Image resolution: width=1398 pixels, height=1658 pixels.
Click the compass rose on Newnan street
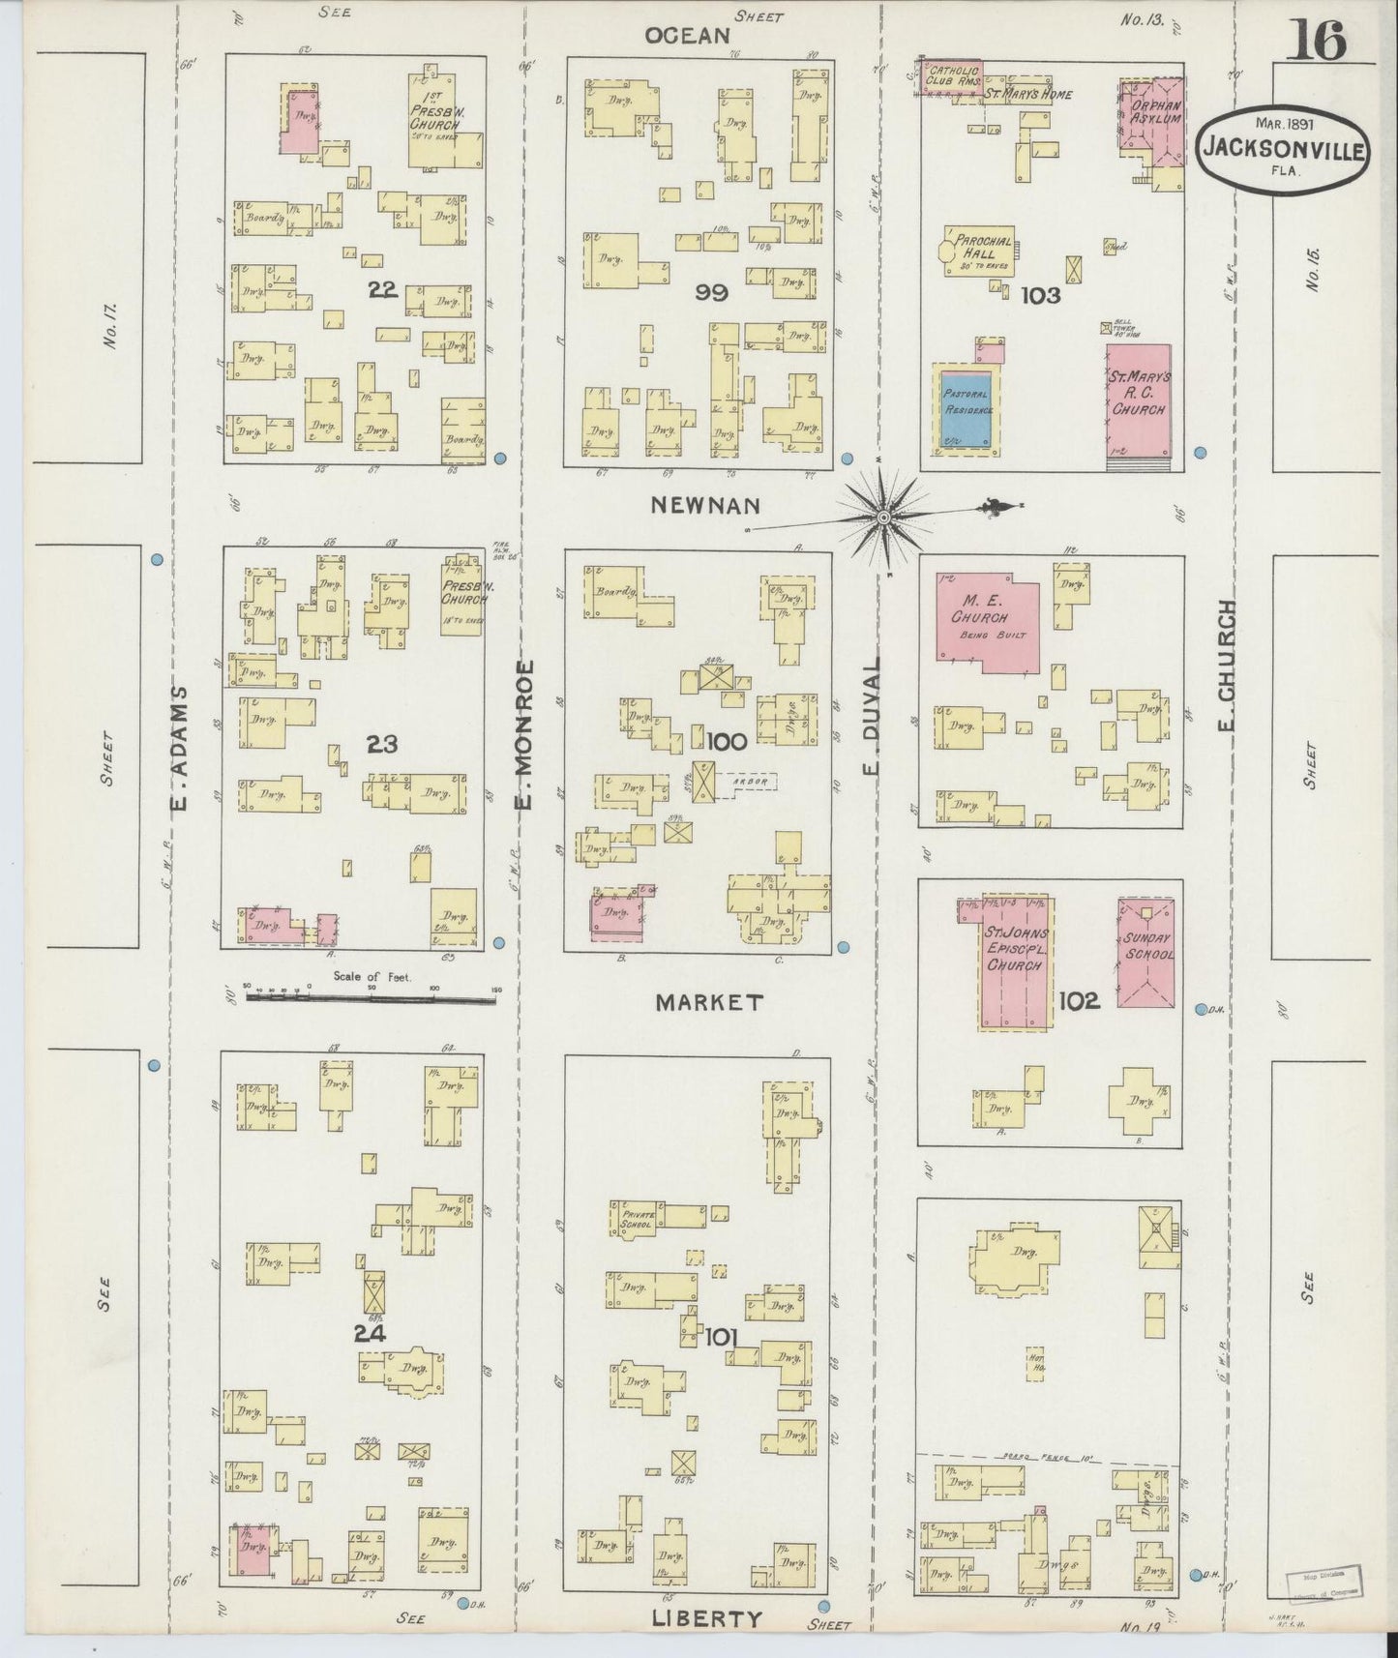click(x=883, y=518)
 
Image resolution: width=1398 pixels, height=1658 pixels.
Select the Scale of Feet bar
click(x=372, y=992)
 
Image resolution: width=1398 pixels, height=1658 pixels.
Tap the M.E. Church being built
click(x=987, y=621)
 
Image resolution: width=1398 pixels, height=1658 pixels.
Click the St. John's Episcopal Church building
click(x=1016, y=962)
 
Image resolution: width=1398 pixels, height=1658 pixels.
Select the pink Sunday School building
click(x=1146, y=952)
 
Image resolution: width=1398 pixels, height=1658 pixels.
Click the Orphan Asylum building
click(x=1151, y=116)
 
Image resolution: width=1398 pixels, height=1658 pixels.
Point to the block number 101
click(x=722, y=1336)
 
